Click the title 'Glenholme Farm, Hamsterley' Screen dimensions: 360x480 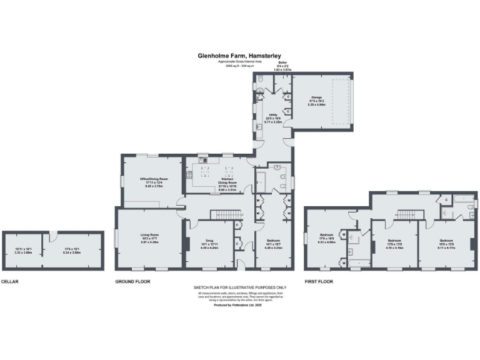pyautogui.click(x=239, y=56)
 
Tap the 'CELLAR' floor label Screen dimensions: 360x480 pyautogui.click(x=10, y=281)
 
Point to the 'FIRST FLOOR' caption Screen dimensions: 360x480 pyautogui.click(x=319, y=281)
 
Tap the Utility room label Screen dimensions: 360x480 pyautogui.click(x=273, y=117)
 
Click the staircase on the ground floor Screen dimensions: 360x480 pyautogui.click(x=227, y=215)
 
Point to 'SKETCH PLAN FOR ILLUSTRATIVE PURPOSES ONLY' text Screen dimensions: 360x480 pyautogui.click(x=239, y=288)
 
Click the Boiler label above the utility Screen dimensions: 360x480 pyautogui.click(x=282, y=64)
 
